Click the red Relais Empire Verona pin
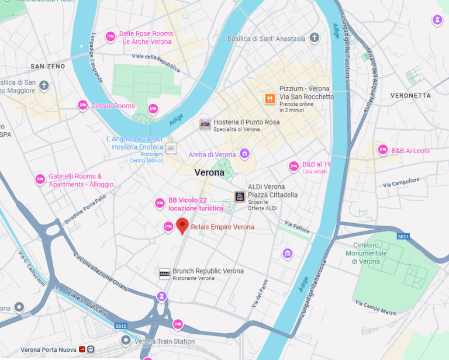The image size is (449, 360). click(x=182, y=226)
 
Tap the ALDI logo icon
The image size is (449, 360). click(x=240, y=197)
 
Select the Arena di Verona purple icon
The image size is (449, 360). click(x=244, y=154)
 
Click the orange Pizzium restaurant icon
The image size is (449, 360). click(x=270, y=99)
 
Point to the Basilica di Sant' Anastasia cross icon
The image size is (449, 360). click(x=315, y=39)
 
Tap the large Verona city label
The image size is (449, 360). click(x=209, y=172)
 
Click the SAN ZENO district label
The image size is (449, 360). click(x=48, y=66)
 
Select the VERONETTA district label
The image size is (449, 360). click(x=410, y=95)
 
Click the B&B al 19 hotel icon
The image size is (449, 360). click(x=294, y=167)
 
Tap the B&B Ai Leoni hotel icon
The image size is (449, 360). click(x=383, y=150)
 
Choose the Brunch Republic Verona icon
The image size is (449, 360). click(x=165, y=274)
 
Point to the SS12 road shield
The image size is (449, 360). click(x=120, y=326)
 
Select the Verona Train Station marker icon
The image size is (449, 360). click(x=125, y=340)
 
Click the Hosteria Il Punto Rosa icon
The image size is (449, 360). click(x=205, y=124)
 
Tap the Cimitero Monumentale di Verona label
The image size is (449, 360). click(x=370, y=253)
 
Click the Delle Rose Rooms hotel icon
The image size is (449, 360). click(x=110, y=37)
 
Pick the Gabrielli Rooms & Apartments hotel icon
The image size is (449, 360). click(x=40, y=179)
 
